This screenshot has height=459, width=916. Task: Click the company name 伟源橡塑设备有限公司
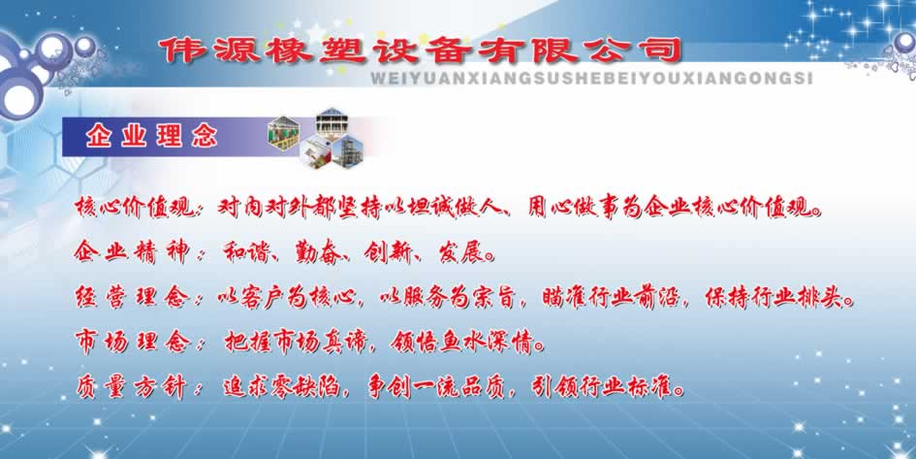click(x=422, y=50)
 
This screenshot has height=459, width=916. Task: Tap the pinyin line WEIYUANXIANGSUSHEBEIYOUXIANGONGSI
click(x=591, y=79)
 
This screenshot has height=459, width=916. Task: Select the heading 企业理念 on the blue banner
click(x=151, y=137)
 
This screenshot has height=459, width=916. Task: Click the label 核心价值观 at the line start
click(x=134, y=207)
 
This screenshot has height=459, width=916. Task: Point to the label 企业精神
click(x=132, y=252)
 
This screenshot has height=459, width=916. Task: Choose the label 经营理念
click(x=132, y=298)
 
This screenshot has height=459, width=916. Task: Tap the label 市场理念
click(x=132, y=342)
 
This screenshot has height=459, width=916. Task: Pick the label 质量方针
click(x=132, y=387)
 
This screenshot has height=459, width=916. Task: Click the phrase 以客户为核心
click(x=286, y=298)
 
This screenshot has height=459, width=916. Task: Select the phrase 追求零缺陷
click(x=281, y=387)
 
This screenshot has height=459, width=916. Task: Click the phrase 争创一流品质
click(x=435, y=387)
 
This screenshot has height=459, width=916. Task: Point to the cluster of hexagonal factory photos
click(x=315, y=138)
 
